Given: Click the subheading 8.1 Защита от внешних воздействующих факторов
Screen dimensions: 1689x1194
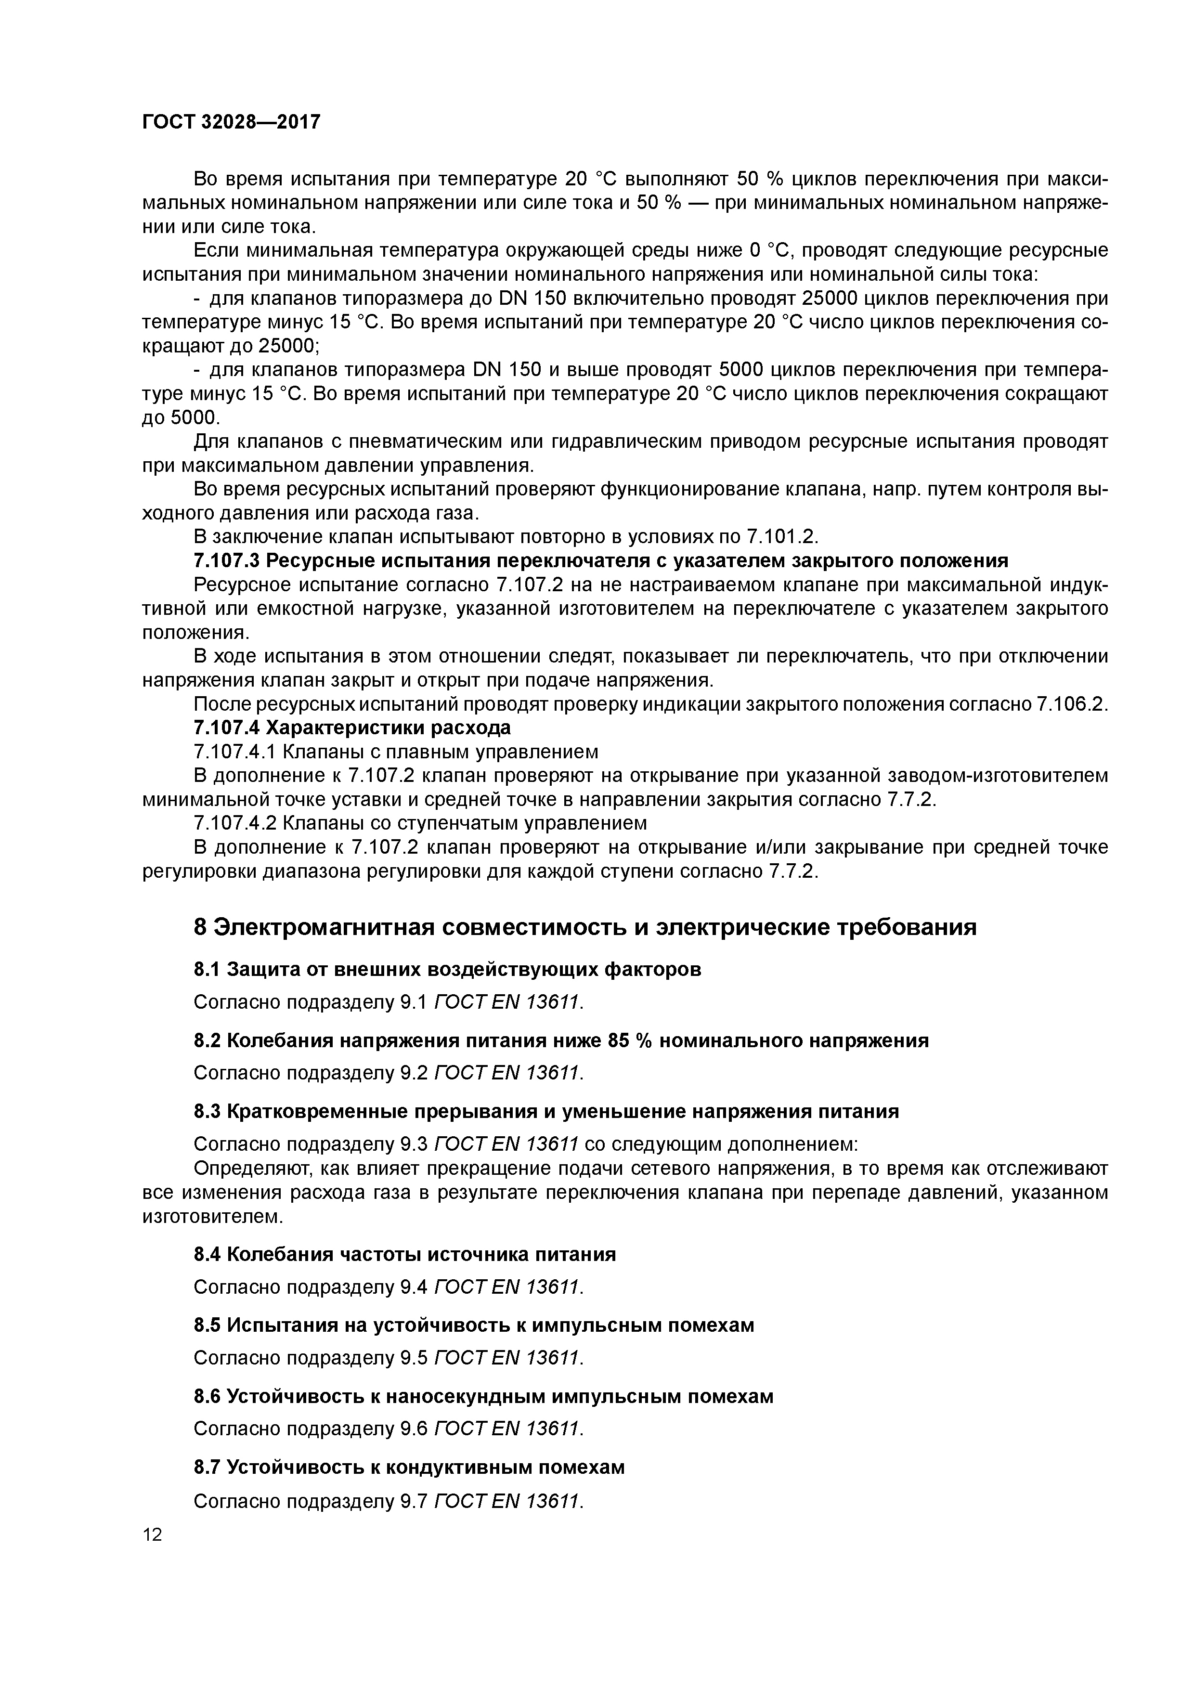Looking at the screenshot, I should (447, 970).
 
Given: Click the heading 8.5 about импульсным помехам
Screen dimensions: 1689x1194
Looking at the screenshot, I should (474, 1325).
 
